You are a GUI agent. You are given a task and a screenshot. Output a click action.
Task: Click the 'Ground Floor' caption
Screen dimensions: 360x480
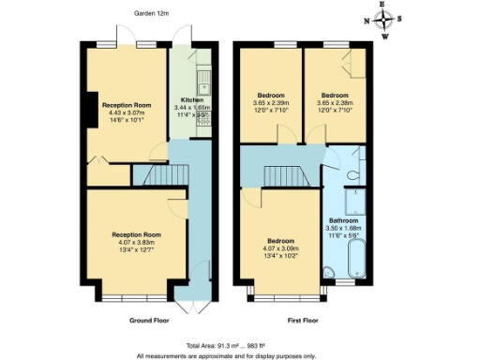tap(149, 321)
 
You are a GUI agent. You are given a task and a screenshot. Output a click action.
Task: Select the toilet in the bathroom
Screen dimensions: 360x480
tap(352, 173)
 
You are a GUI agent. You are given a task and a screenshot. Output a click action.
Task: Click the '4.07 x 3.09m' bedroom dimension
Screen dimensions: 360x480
tap(280, 248)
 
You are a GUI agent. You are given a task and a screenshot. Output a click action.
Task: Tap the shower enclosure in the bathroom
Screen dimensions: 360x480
tap(357, 202)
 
